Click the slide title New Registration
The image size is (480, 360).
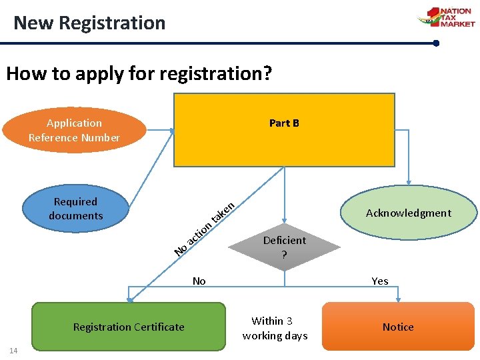tap(89, 23)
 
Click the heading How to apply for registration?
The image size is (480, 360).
tap(139, 73)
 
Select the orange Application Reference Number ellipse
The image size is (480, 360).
tap(74, 130)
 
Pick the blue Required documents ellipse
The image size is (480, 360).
tap(75, 209)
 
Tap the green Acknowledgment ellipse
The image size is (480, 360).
tap(409, 213)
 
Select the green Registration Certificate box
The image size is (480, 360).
tap(129, 327)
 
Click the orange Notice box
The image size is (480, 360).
tap(398, 327)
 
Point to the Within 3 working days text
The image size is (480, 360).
tap(275, 328)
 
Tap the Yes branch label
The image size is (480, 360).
tap(380, 281)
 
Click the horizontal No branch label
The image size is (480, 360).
tap(199, 281)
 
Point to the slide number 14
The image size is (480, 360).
tap(13, 351)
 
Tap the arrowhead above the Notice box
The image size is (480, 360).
tap(398, 299)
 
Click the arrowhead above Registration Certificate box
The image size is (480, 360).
tap(129, 299)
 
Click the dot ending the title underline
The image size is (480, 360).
tap(436, 43)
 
